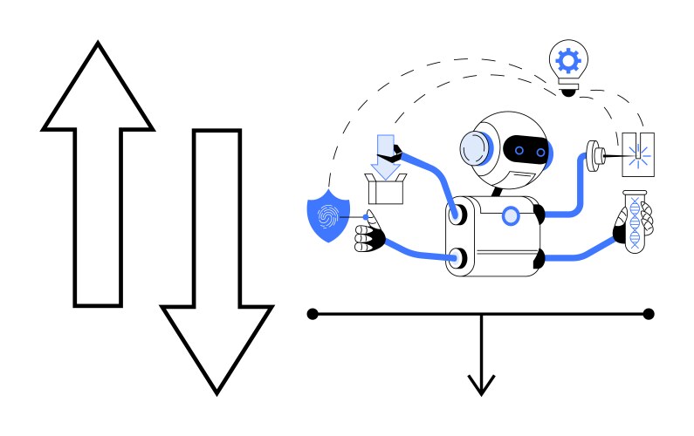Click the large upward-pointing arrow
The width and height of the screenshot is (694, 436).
coord(97,174)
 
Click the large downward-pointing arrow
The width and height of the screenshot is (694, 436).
coord(216,262)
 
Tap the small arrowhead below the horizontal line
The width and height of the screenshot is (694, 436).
coord(481,384)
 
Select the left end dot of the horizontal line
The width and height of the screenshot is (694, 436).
coord(313,313)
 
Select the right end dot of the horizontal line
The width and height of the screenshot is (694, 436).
coord(648,313)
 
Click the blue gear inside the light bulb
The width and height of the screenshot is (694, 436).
coord(569,60)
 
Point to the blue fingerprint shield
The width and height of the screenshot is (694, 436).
coord(328,216)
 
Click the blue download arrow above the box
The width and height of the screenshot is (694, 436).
coord(383,151)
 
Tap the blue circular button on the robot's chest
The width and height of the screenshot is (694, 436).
coord(511,215)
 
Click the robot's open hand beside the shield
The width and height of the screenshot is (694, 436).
coord(369,233)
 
